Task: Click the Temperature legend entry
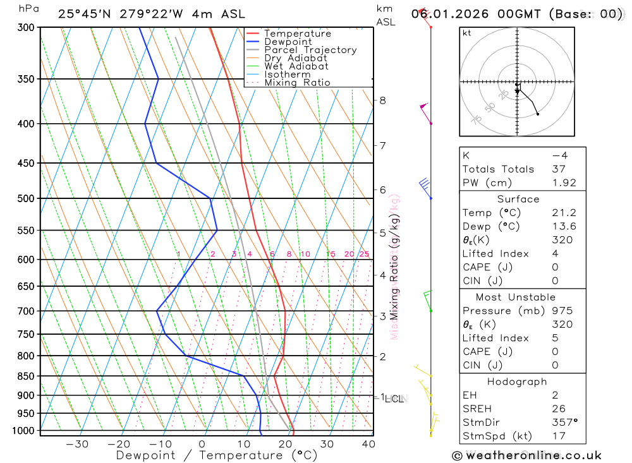[297, 33]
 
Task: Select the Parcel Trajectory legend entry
[310, 50]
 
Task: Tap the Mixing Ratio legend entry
[297, 83]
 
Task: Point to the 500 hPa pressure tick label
[25, 198]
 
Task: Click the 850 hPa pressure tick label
[25, 376]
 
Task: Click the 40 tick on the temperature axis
[368, 444]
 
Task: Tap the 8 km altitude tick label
[382, 100]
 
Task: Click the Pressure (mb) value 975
[561, 311]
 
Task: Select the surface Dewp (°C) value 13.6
[561, 227]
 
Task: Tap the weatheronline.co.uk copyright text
[527, 455]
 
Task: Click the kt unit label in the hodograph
[467, 33]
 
